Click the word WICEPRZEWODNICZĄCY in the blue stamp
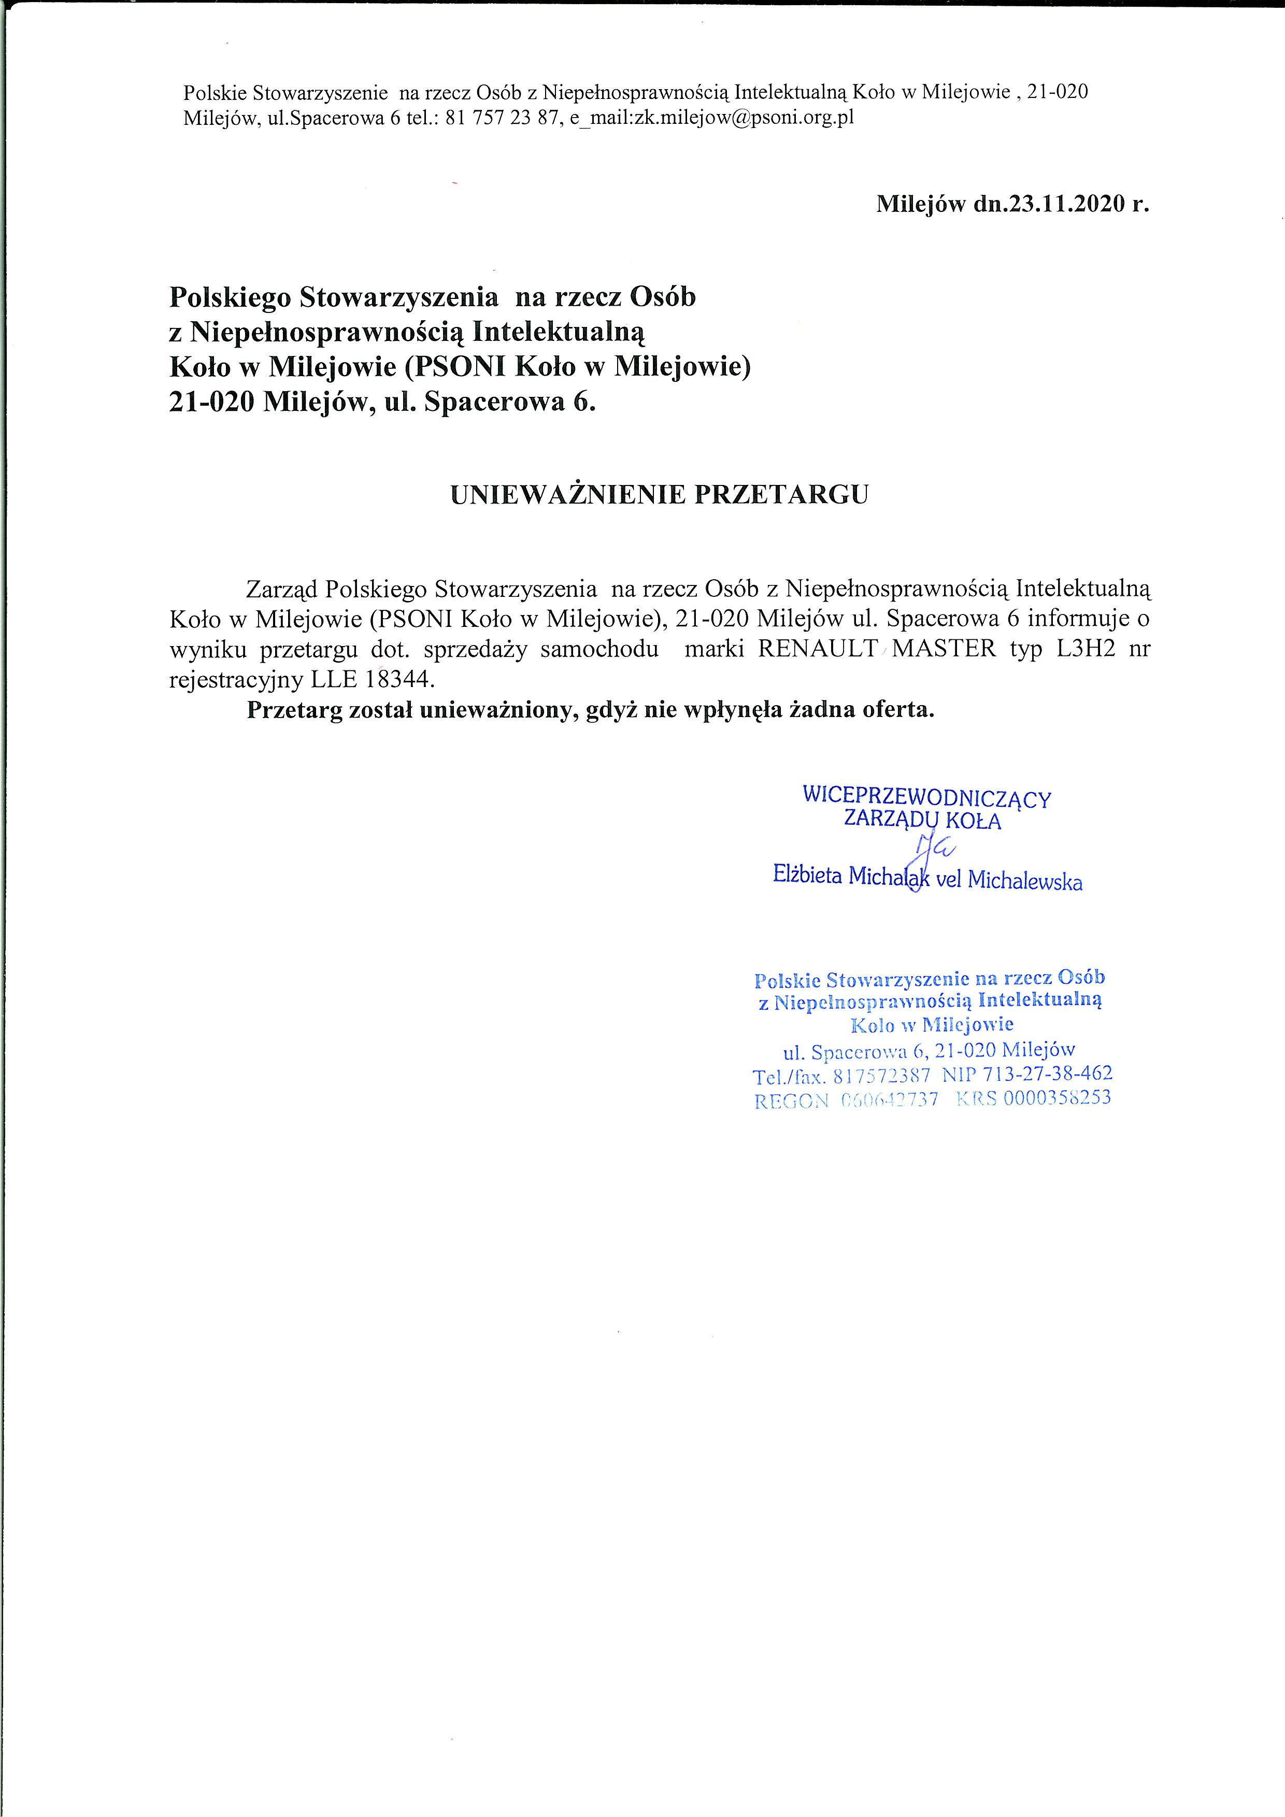(x=926, y=796)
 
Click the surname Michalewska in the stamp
(x=1025, y=881)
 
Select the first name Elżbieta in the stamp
(x=807, y=875)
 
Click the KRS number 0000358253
(x=1057, y=1098)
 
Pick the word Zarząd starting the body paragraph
(x=282, y=590)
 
